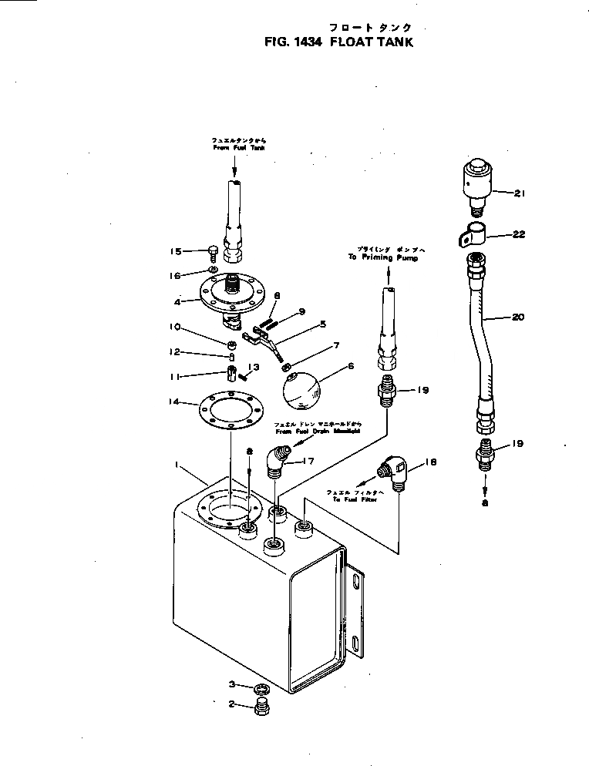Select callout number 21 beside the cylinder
[520, 193]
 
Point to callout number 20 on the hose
[520, 316]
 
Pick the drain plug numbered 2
[260, 708]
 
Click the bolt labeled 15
[211, 250]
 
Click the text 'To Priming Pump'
[388, 259]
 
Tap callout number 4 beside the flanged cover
[179, 301]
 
